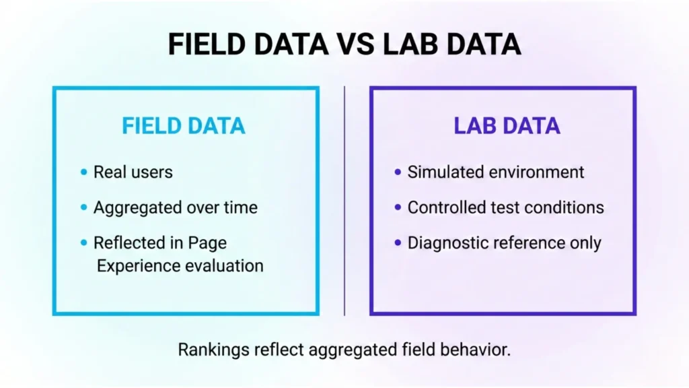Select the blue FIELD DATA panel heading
point(183,126)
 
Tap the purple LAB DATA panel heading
point(507,126)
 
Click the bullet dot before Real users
point(83,172)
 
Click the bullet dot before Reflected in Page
point(83,243)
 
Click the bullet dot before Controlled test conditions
point(398,207)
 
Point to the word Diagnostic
point(449,243)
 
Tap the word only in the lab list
point(585,243)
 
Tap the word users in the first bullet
point(153,172)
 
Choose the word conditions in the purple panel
point(567,207)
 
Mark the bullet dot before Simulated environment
point(398,172)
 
